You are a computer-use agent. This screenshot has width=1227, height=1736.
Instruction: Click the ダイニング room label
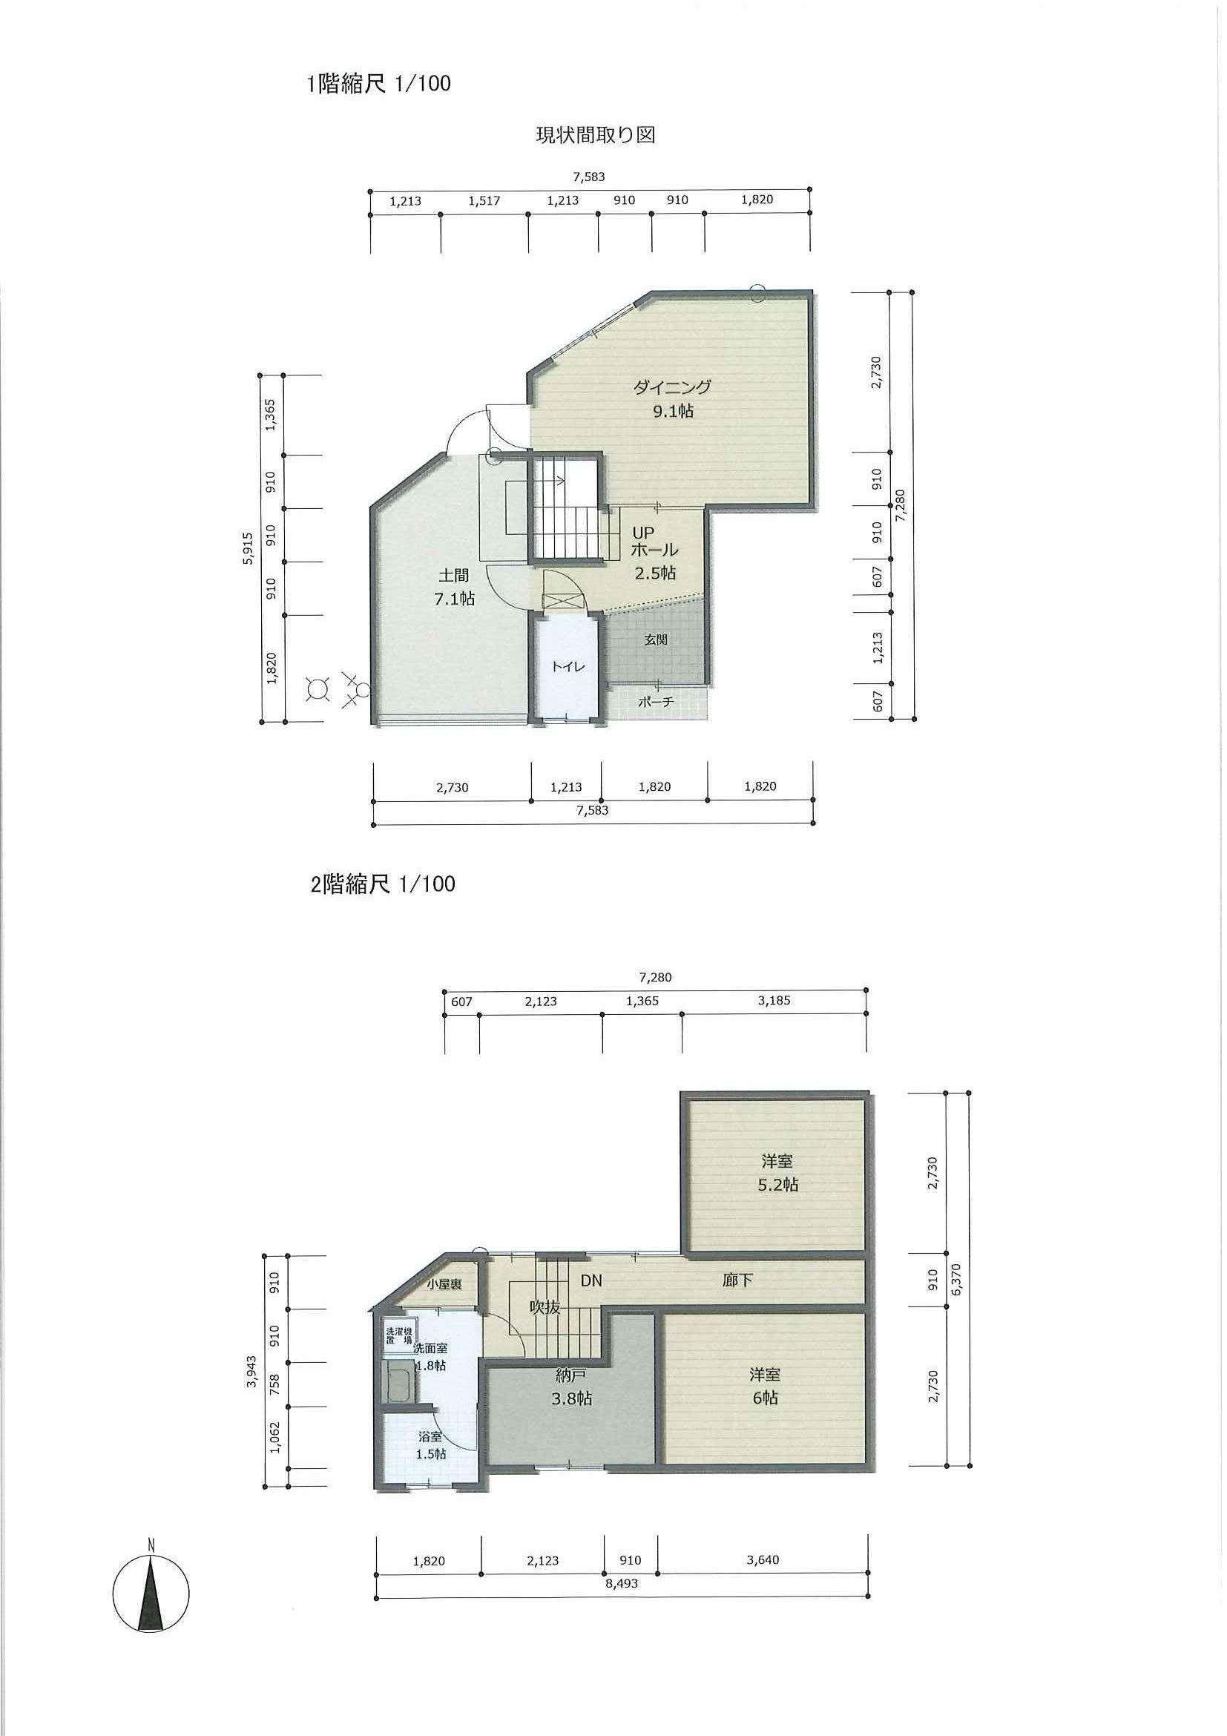coord(672,387)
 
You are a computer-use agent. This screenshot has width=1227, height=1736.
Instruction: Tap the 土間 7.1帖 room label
coord(453,587)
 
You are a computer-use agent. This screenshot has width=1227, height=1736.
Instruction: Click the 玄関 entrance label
coord(656,640)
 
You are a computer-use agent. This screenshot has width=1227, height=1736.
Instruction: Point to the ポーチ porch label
coord(656,702)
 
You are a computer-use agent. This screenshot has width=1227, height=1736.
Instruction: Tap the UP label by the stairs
coord(643,533)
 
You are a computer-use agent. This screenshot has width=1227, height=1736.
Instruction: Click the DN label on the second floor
coord(591,1280)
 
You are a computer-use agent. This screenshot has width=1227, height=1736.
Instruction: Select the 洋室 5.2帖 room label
coord(778,1172)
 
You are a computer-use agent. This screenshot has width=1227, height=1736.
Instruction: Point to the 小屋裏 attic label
coord(444,1285)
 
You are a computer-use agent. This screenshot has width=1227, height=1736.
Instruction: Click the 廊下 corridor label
coord(737,1280)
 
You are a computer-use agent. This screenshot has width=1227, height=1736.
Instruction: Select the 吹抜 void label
coord(545,1306)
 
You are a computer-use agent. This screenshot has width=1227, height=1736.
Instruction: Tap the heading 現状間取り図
coord(595,135)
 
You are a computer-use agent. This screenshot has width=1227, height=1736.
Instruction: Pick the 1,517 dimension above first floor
coord(484,200)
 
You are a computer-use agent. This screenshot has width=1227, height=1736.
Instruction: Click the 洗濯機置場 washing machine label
coord(399,1336)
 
